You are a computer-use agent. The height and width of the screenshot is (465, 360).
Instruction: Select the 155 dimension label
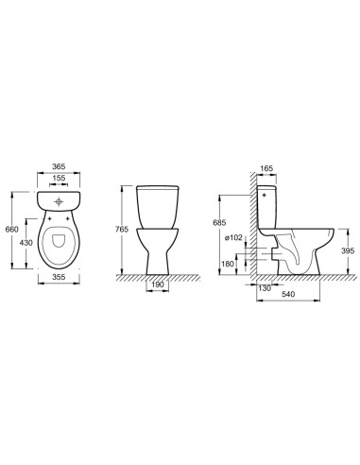(60, 177)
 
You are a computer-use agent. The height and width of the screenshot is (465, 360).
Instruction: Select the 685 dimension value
(222, 222)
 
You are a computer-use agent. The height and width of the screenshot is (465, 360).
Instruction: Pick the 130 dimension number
(265, 288)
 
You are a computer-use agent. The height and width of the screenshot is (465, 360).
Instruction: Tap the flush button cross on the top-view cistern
(60, 200)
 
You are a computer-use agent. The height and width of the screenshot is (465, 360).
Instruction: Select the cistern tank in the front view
(157, 206)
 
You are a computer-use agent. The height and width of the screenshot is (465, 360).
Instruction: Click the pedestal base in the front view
(157, 260)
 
